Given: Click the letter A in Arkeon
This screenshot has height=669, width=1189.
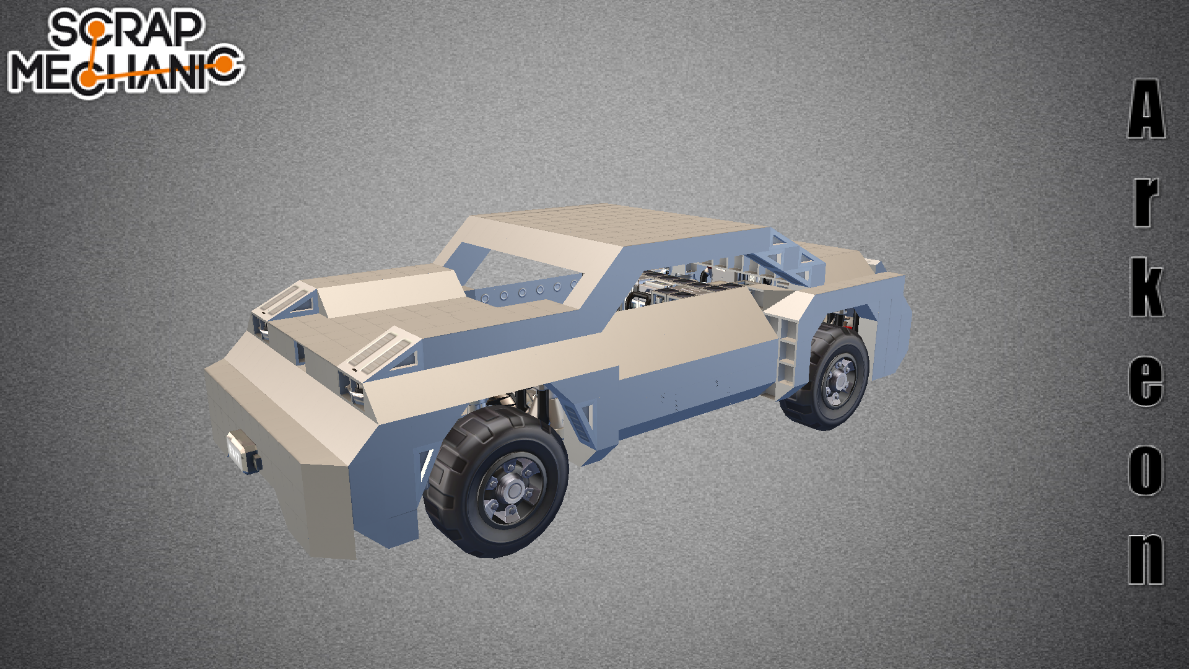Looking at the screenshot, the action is (x=1146, y=109).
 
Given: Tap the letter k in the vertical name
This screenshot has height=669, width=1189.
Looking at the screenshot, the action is (x=1147, y=287).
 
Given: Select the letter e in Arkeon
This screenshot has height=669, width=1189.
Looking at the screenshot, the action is (x=1146, y=381).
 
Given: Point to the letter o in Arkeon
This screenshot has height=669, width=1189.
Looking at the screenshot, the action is (x=1146, y=470).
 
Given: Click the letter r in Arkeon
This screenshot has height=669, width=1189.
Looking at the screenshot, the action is (x=1146, y=202).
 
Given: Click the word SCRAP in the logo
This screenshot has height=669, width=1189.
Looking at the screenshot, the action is (x=126, y=29).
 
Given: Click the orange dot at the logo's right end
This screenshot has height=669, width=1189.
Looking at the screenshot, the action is (x=225, y=64).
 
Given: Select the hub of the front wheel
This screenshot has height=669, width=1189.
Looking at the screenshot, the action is (x=513, y=492).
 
